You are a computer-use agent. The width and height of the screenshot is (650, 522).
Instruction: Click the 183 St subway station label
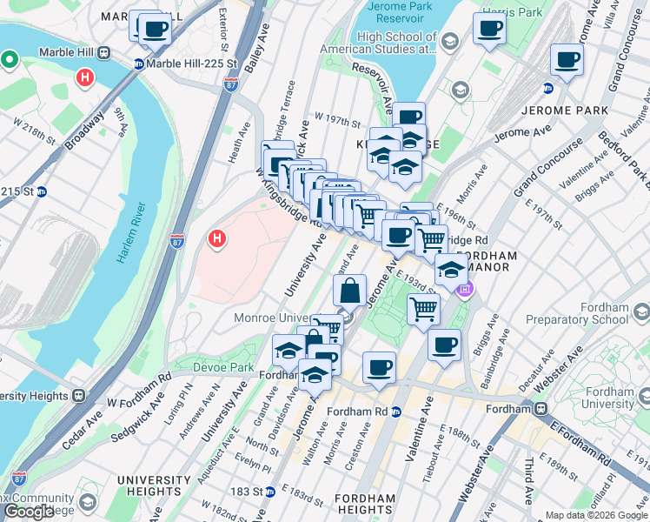[246, 492]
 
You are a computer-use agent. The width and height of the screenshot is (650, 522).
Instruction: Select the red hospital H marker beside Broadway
[85, 77]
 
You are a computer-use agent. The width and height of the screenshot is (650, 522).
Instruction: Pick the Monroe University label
[278, 318]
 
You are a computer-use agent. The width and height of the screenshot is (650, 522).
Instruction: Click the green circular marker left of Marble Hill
[10, 60]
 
